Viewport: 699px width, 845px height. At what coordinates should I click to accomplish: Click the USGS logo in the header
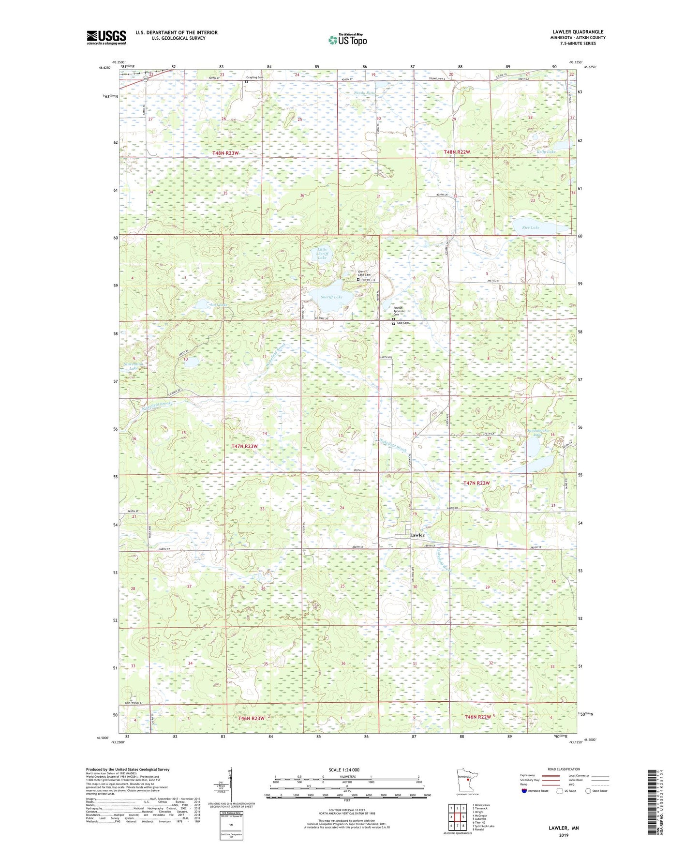click(x=106, y=37)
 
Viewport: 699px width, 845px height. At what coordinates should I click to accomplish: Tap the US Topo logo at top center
click(x=347, y=40)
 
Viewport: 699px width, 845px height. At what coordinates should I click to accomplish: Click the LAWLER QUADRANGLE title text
click(x=578, y=32)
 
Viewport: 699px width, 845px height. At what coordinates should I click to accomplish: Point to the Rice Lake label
click(x=531, y=227)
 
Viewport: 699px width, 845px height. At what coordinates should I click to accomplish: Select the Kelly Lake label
click(x=546, y=151)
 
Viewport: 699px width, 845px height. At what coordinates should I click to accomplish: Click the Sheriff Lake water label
click(x=331, y=297)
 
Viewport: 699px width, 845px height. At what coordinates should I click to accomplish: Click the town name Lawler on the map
click(x=417, y=535)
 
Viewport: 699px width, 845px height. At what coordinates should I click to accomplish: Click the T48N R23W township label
click(x=225, y=153)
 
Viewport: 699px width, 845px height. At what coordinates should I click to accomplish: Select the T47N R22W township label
click(x=476, y=483)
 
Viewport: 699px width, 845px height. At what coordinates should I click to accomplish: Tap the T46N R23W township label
click(x=251, y=718)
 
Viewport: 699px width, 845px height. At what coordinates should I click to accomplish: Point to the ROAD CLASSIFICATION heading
click(x=563, y=769)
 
